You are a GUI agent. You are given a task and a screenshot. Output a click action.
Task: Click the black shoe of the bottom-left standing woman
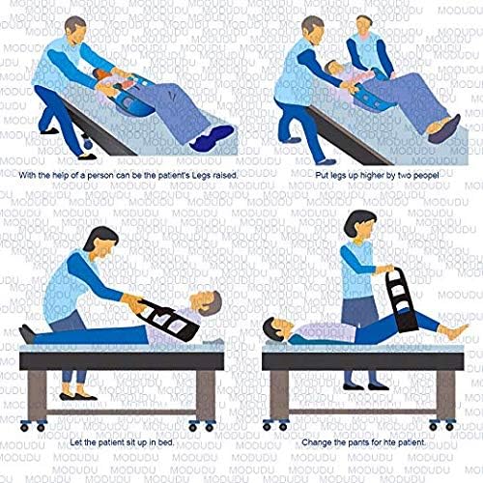[71, 394]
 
